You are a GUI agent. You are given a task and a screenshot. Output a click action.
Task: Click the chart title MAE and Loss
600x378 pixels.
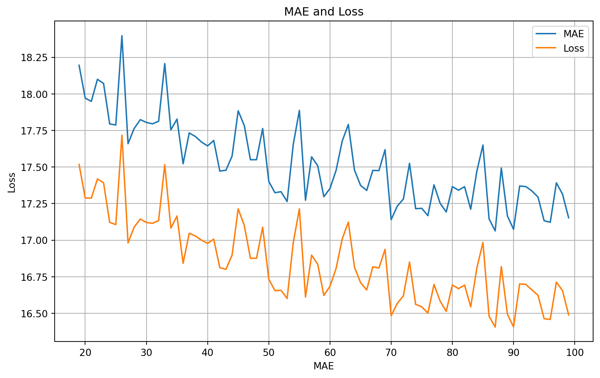click(x=324, y=12)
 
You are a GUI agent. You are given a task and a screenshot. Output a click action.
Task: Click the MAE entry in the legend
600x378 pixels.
click(x=574, y=34)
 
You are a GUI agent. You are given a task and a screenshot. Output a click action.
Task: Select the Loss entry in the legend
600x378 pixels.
click(x=574, y=48)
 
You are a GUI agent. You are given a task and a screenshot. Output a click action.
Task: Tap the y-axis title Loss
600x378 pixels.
click(x=12, y=182)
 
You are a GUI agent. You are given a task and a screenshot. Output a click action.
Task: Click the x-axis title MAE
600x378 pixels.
click(x=324, y=366)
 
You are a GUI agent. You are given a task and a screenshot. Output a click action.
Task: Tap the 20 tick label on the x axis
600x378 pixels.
click(x=85, y=352)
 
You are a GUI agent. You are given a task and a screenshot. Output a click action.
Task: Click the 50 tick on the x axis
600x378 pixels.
click(x=269, y=352)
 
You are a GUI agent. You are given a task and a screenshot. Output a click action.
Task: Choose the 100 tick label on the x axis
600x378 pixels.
click(x=575, y=352)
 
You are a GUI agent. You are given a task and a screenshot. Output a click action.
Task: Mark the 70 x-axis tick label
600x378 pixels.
click(x=391, y=352)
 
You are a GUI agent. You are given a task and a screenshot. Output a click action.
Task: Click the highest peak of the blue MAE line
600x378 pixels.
click(x=122, y=36)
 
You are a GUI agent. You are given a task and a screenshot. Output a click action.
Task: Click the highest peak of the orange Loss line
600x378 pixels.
click(x=122, y=135)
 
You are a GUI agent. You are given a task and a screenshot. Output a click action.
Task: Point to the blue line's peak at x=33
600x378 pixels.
click(x=165, y=64)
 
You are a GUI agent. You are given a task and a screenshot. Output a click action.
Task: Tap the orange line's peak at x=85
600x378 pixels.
click(x=483, y=242)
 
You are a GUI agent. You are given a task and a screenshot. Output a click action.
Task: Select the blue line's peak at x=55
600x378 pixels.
click(x=299, y=110)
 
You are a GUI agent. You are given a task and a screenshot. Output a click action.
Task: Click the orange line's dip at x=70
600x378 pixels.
click(x=391, y=315)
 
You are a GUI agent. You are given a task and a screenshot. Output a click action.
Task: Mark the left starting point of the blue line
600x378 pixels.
click(x=79, y=65)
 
